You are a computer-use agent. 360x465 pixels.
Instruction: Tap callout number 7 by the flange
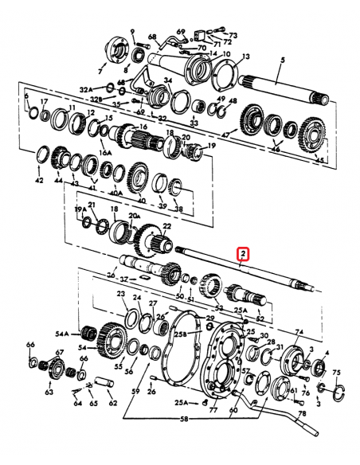(100, 71)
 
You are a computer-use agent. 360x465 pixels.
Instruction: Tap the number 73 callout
(233, 36)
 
